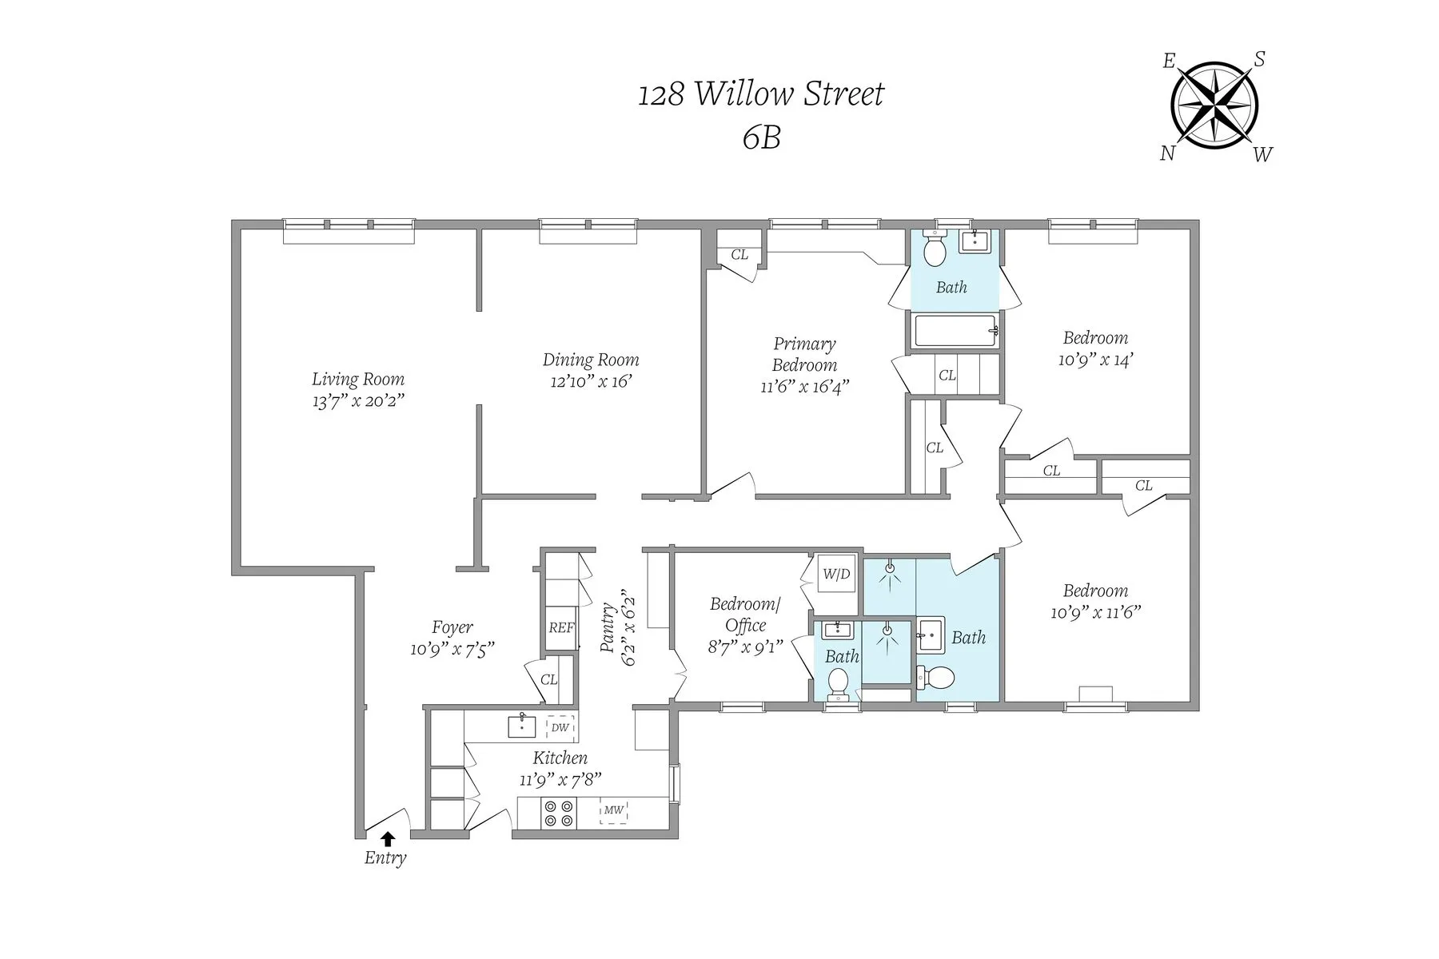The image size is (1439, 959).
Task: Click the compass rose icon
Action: click(x=1214, y=105)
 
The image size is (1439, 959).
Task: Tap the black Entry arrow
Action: click(x=388, y=838)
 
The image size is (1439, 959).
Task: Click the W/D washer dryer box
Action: click(x=836, y=574)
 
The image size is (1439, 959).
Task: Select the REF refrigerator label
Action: click(x=561, y=628)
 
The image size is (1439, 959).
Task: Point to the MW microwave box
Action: click(x=613, y=810)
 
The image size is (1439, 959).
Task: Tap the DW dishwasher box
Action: click(x=560, y=727)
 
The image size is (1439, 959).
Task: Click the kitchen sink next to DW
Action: click(x=521, y=726)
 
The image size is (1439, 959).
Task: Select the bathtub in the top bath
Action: click(x=955, y=330)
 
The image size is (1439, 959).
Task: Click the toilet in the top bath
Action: click(x=934, y=249)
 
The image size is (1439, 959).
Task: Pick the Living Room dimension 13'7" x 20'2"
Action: click(x=358, y=401)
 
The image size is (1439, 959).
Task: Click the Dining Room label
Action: click(x=591, y=360)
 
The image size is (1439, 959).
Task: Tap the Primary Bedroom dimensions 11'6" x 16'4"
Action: click(x=804, y=387)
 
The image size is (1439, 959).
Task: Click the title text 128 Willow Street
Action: click(x=760, y=94)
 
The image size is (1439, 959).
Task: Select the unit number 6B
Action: click(x=760, y=138)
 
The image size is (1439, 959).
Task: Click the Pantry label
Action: click(x=608, y=629)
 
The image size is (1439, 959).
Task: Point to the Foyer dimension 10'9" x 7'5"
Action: click(x=452, y=649)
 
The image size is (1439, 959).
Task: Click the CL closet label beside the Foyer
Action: click(x=548, y=680)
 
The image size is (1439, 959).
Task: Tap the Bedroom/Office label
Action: click(x=745, y=615)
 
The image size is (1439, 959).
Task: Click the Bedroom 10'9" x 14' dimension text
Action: click(x=1095, y=360)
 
